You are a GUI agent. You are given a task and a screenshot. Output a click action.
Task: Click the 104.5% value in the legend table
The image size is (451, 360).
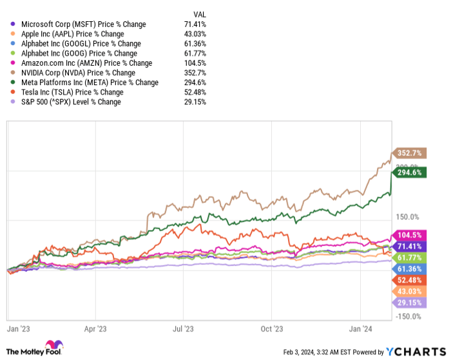[195, 63]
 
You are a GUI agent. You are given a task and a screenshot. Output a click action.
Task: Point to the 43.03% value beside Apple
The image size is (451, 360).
[194, 34]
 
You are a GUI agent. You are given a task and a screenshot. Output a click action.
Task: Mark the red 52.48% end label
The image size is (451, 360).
[406, 279]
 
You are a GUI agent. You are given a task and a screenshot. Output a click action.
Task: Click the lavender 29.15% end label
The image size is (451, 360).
[406, 302]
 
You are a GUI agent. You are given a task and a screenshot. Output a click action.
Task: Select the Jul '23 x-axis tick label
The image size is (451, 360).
[184, 328]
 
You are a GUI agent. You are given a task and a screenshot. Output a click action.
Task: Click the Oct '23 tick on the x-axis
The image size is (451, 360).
[272, 328]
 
